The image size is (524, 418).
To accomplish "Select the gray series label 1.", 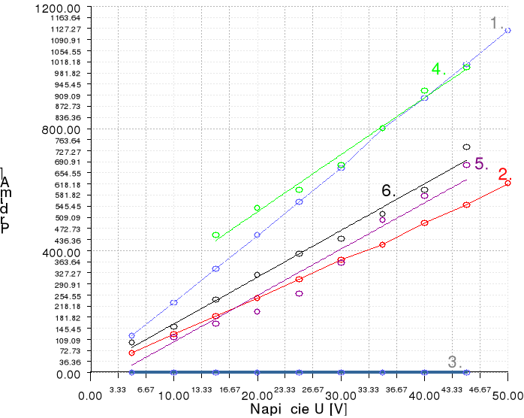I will (x=497, y=23).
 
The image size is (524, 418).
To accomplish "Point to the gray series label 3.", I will (x=455, y=362).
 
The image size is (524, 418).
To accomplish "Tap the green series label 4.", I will (x=438, y=69).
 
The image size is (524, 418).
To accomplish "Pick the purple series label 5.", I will (x=481, y=164).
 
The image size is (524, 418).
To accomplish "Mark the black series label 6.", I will (x=388, y=191).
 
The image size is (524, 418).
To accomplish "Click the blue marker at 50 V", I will (x=507, y=30).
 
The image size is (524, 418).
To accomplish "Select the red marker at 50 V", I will (x=507, y=183).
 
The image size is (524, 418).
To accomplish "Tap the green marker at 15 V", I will (x=215, y=235).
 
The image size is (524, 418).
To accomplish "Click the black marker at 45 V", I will (x=466, y=147).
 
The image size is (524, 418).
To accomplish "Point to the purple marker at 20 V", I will (x=257, y=311).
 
